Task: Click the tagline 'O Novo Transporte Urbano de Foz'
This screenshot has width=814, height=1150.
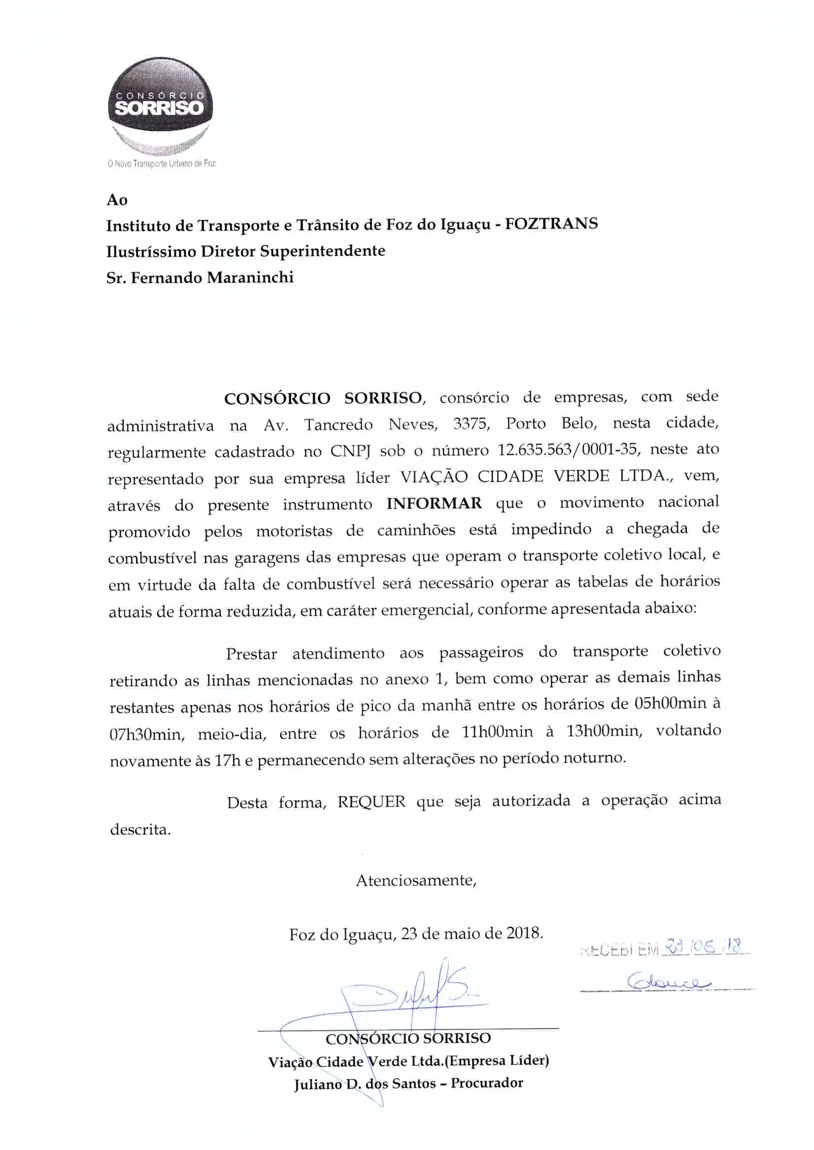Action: [x=161, y=164]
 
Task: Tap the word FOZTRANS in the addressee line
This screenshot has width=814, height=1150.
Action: [x=551, y=224]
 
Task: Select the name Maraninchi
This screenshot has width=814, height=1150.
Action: [x=250, y=278]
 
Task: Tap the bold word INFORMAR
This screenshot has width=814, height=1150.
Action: [x=434, y=503]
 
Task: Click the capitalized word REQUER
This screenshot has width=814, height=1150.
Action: [x=371, y=802]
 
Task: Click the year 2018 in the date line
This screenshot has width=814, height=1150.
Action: [x=524, y=933]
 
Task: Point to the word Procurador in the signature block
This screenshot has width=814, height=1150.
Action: [x=487, y=1083]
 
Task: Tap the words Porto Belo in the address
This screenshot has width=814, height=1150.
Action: [x=551, y=423]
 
